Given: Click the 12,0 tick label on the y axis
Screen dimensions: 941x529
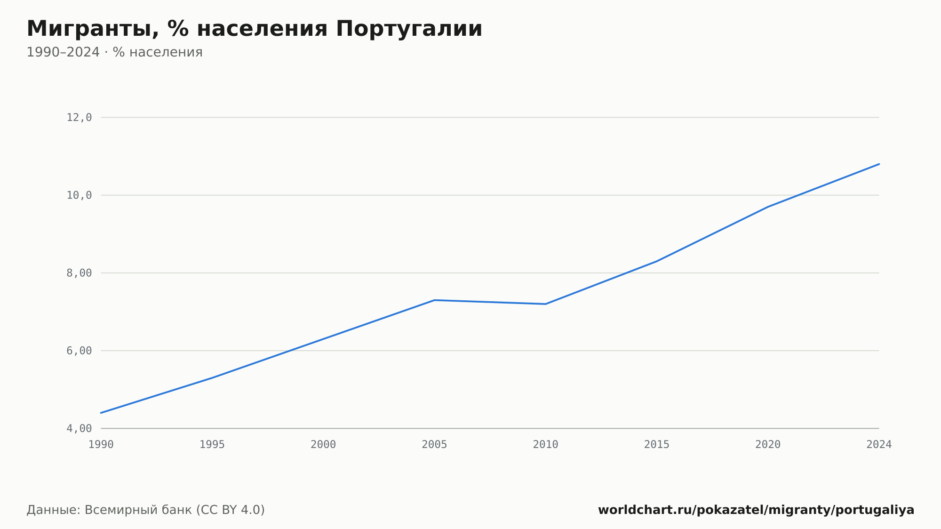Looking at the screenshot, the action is (x=79, y=118).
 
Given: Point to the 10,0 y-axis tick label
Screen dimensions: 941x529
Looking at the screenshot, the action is (x=79, y=195).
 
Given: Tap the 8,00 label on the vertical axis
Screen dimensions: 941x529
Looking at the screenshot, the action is (x=79, y=273).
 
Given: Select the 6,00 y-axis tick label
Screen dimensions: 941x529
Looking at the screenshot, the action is (x=79, y=351).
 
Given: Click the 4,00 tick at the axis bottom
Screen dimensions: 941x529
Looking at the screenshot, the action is (x=79, y=428).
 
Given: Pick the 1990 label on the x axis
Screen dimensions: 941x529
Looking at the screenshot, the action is (x=101, y=445).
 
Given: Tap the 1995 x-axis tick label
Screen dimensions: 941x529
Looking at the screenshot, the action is (x=212, y=445).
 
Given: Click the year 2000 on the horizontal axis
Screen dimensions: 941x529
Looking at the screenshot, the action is (x=323, y=445).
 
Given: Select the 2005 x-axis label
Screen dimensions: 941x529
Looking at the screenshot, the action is (x=434, y=445).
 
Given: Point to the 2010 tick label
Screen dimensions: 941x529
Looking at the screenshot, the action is (x=546, y=445).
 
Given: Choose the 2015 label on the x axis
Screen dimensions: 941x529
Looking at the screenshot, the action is (x=657, y=445).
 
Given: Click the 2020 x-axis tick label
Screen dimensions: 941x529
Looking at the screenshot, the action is (x=768, y=445).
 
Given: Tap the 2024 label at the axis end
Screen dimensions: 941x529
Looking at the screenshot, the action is (x=879, y=445).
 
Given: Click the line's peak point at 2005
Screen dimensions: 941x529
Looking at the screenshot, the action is (x=434, y=300).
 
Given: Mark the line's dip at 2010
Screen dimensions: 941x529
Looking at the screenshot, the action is (x=546, y=304).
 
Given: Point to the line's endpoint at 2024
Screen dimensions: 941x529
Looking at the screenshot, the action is (x=879, y=164).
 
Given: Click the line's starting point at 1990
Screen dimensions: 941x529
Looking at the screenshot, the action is (x=101, y=413).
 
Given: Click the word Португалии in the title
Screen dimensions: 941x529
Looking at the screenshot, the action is (x=409, y=29).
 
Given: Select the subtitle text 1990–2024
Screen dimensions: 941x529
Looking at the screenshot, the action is (x=63, y=52).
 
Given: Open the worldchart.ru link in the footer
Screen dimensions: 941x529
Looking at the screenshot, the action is (x=756, y=510).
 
